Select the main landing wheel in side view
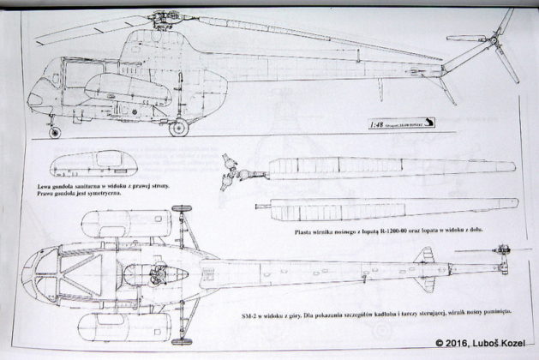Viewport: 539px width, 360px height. (179, 129)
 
